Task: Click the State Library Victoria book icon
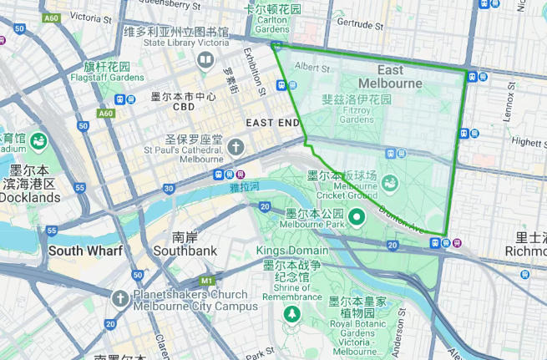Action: pos(205,60)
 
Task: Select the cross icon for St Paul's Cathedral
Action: pos(236,148)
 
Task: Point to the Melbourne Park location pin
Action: pos(357,219)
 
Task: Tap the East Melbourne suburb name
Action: pos(390,77)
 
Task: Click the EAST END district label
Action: pos(272,123)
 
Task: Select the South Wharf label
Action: pos(85,251)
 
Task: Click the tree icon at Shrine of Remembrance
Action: pos(292,313)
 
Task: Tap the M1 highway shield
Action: pos(206,281)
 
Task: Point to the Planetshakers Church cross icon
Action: pos(121,298)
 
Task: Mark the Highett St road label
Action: pos(525,142)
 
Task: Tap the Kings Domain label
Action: pos(287,251)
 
